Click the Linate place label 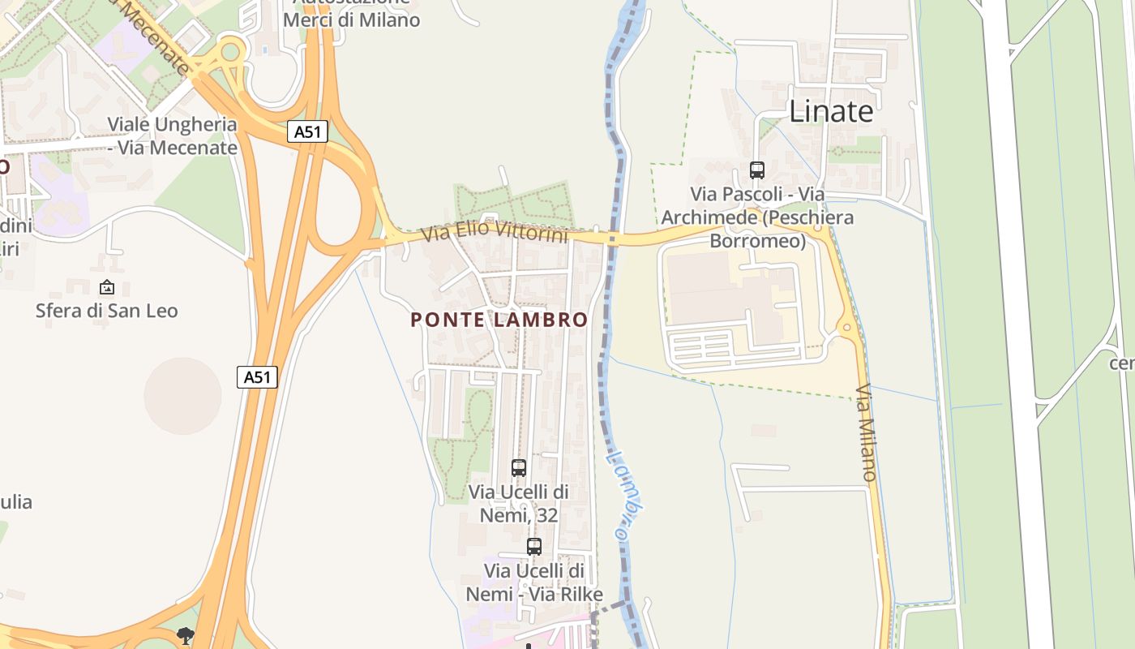point(831,111)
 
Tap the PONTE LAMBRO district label point(499,320)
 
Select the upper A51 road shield point(307,131)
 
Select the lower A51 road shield point(257,376)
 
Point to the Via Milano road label point(867,432)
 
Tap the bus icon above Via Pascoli point(756,170)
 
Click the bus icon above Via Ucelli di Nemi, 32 point(519,468)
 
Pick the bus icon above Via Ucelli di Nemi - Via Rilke point(533,547)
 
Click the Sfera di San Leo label point(106,311)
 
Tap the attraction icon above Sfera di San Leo point(106,287)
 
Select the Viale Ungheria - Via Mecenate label point(172,136)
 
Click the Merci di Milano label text point(352,19)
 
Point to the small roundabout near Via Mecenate point(231,53)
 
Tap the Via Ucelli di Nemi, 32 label point(518,503)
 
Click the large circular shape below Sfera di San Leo point(182,396)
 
